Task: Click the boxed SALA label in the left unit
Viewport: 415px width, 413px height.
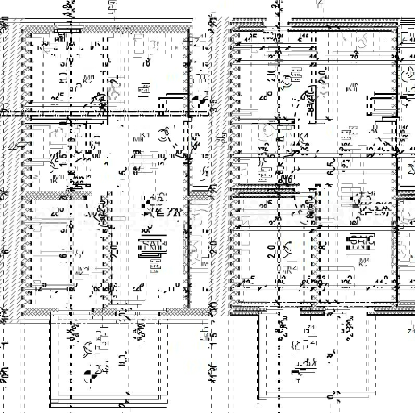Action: tap(152, 244)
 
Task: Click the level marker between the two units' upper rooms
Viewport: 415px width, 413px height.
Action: tap(197, 102)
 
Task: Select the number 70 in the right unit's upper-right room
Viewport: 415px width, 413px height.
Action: tap(355, 55)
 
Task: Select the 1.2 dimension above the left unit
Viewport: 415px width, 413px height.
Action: tap(66, 6)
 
